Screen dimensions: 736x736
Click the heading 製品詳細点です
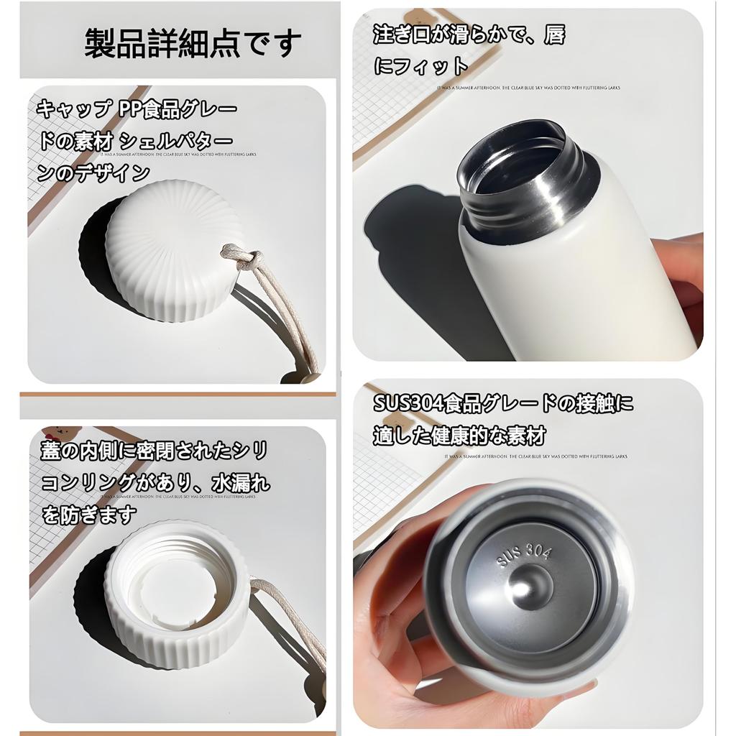point(193,43)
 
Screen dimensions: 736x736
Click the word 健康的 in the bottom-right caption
point(467,436)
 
